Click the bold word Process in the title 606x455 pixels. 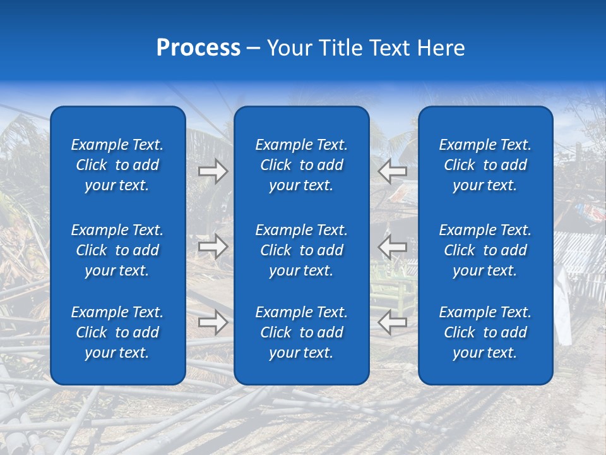point(198,48)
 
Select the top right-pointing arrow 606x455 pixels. point(213,171)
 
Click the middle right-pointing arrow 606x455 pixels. point(213,246)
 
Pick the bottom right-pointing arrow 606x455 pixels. point(213,322)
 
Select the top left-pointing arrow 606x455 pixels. point(393,171)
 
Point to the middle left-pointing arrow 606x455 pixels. point(393,246)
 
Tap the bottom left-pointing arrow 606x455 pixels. point(393,322)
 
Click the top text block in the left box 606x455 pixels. point(117,165)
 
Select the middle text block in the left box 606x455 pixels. point(117,250)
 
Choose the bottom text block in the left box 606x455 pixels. point(117,332)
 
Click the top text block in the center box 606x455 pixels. point(302,165)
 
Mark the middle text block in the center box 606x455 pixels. point(302,250)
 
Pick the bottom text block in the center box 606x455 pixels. point(302,332)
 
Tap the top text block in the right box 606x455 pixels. point(485,165)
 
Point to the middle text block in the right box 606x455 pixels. point(485,250)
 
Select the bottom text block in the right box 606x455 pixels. point(485,332)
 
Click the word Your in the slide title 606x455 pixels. point(288,48)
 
